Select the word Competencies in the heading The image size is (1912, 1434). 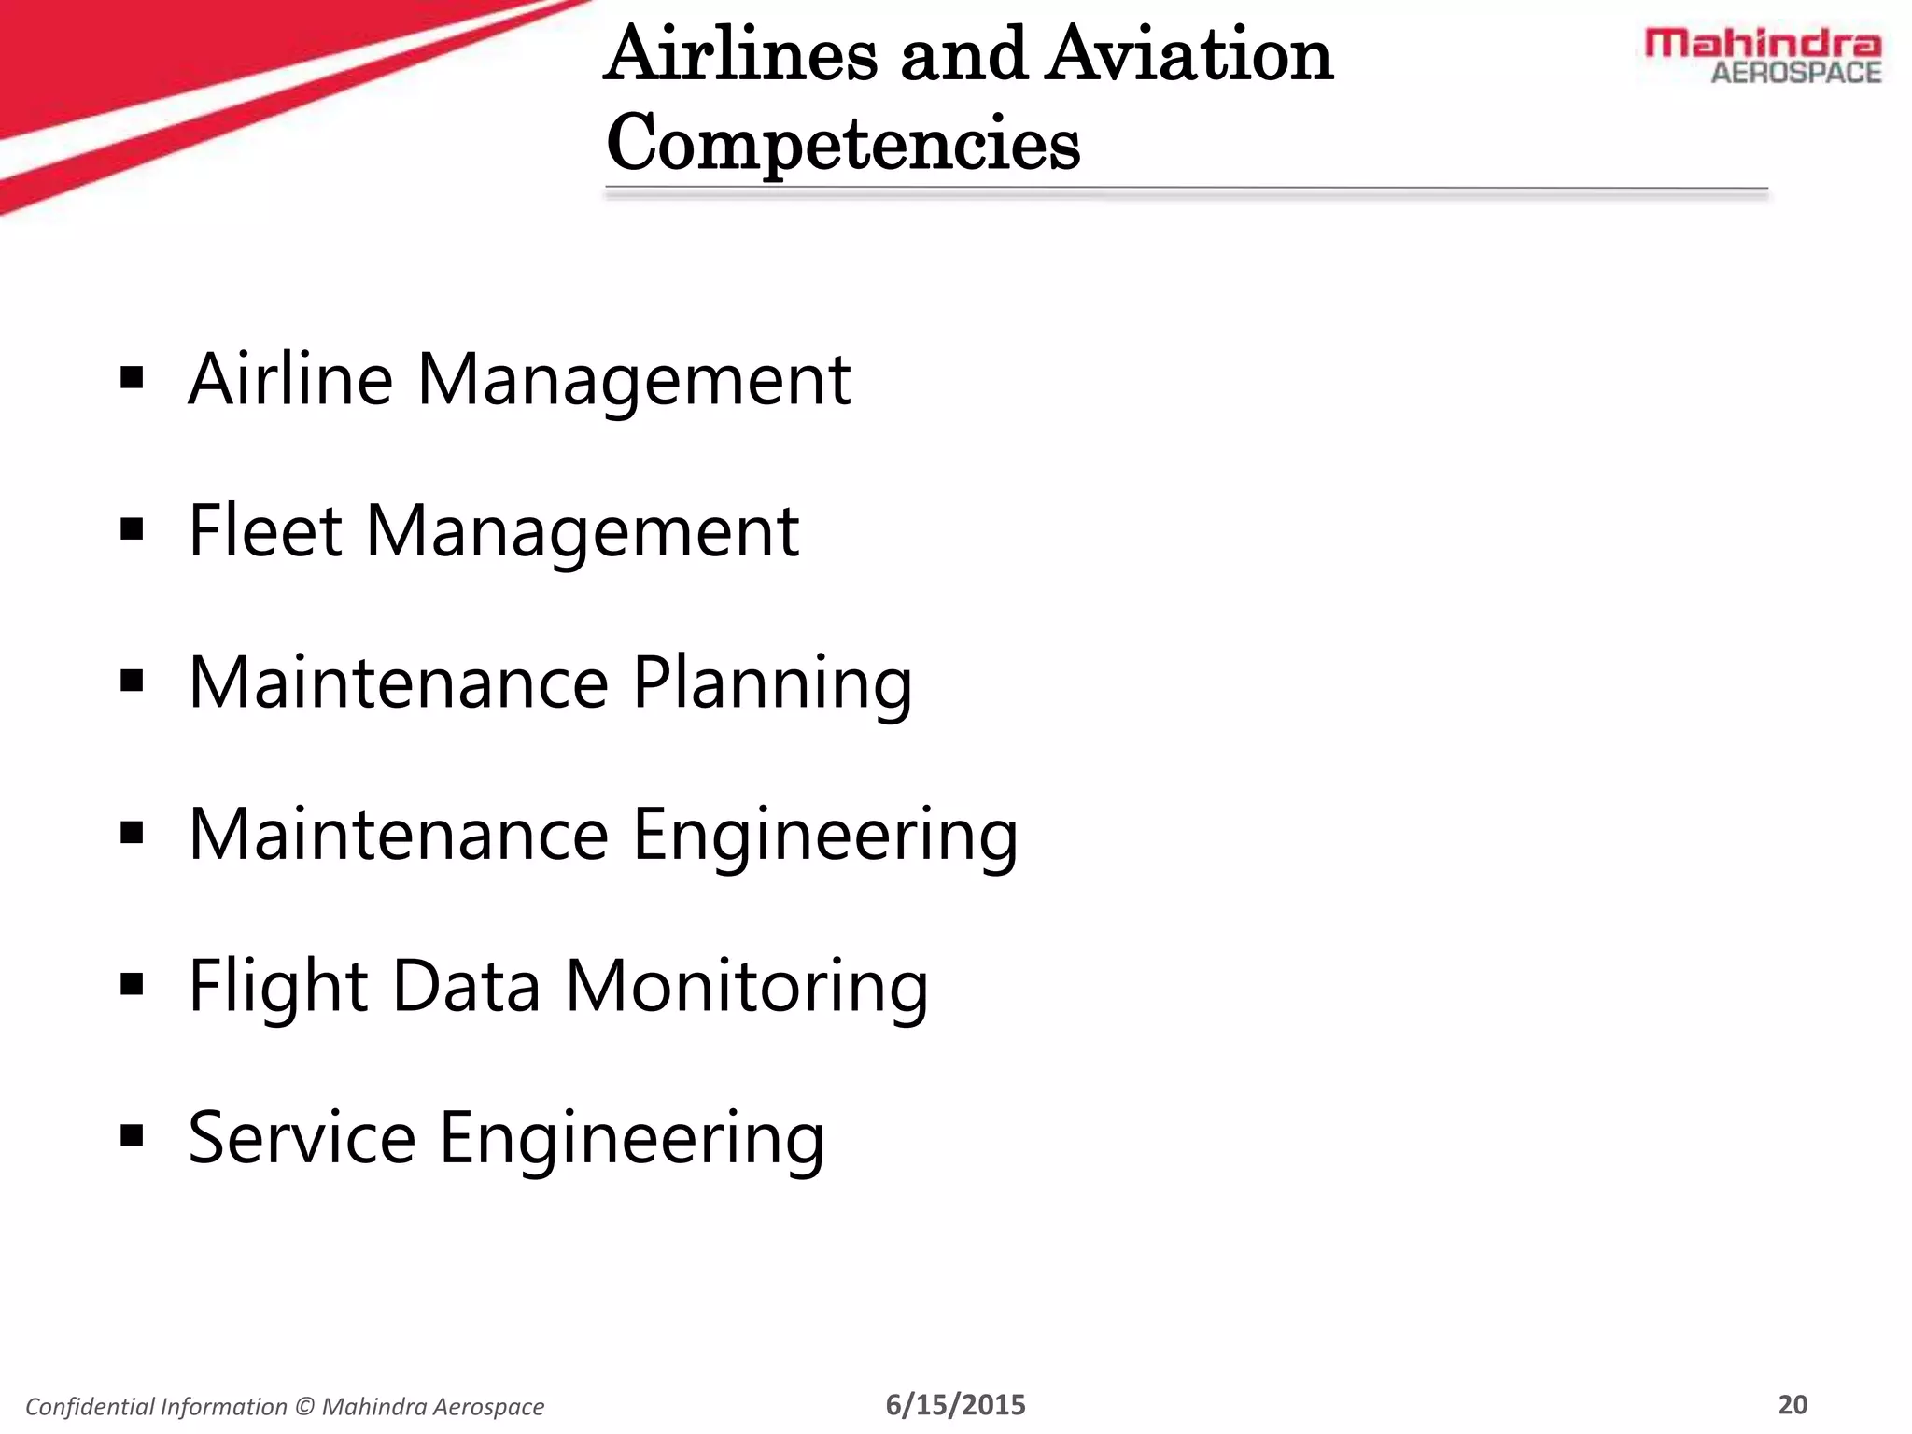click(x=843, y=144)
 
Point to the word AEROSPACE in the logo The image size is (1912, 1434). click(x=1795, y=73)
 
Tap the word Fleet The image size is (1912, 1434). click(x=265, y=530)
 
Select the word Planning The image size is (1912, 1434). click(x=772, y=683)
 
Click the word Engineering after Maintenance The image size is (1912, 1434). click(x=824, y=835)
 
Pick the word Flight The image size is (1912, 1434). click(x=278, y=987)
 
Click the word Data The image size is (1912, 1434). click(x=466, y=987)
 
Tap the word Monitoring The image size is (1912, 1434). click(x=747, y=987)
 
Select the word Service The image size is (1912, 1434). click(x=302, y=1138)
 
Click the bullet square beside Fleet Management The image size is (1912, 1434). click(x=133, y=530)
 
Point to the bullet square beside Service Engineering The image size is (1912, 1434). click(x=133, y=1136)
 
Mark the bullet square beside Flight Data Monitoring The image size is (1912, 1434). click(x=133, y=985)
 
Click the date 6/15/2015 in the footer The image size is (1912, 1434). click(x=955, y=1405)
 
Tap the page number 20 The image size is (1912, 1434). click(x=1792, y=1405)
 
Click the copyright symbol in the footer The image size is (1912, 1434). click(x=304, y=1407)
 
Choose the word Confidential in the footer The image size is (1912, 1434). click(x=90, y=1407)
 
